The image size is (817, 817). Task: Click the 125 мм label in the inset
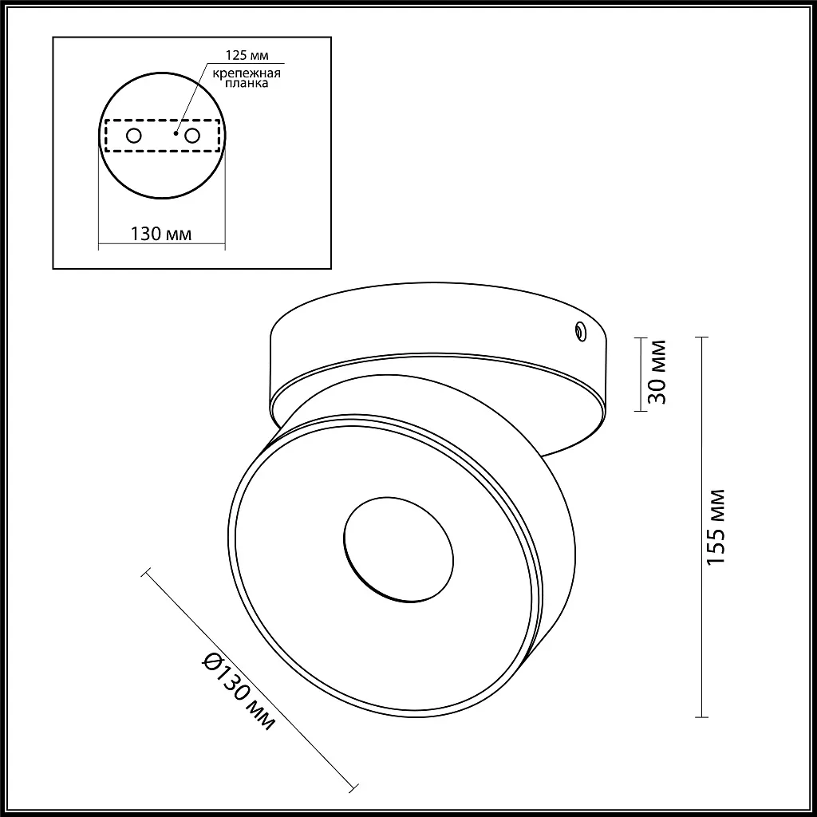coord(247,55)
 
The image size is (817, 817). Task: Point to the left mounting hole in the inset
coord(134,136)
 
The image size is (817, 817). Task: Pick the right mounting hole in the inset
coord(191,136)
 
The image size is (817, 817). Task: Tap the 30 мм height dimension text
coord(657,373)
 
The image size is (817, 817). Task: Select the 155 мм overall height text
coord(717,527)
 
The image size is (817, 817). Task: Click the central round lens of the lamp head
coord(398,551)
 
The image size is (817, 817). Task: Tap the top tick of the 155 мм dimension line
coord(701,338)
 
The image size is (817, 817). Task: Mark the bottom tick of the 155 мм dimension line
coord(701,716)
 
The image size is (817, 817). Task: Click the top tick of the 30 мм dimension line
coord(640,338)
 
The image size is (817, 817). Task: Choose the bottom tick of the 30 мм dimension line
coord(640,411)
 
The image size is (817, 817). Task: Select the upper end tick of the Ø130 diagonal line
coord(145,571)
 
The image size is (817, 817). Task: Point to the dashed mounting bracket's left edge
coord(105,136)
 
